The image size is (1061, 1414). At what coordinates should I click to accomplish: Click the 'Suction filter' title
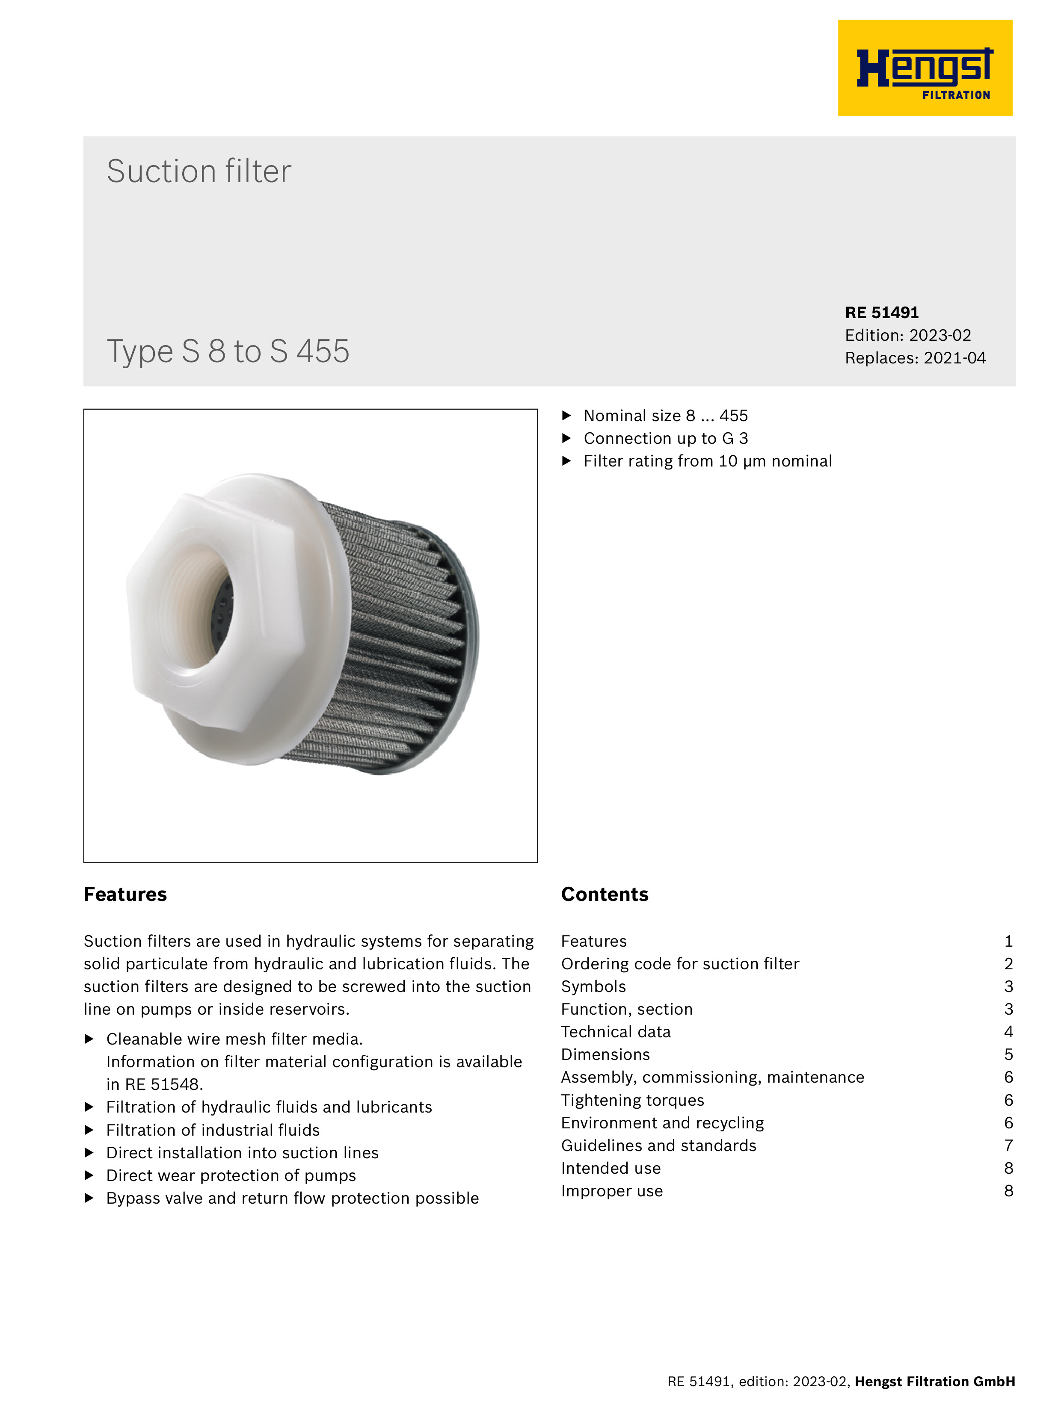pos(199,171)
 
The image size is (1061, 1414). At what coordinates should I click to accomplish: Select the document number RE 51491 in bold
pos(881,313)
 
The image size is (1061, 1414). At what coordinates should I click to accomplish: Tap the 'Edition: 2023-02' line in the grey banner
pos(907,336)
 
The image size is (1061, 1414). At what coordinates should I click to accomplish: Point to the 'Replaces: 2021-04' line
pos(915,358)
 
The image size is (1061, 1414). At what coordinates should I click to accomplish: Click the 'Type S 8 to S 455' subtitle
pos(228,351)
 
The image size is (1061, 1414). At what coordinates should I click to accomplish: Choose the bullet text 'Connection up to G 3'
pos(665,439)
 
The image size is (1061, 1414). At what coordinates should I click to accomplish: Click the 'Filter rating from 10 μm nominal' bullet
pos(707,461)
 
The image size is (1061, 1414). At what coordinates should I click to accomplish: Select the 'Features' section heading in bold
pos(125,894)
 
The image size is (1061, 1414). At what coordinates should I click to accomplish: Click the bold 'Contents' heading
pos(605,894)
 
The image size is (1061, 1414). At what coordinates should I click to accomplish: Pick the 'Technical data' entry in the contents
pos(615,1032)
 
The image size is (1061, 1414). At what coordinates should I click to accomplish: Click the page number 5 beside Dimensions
pos(1008,1055)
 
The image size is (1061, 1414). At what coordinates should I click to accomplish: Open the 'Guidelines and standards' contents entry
pos(658,1145)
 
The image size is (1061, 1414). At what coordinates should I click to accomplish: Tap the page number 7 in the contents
pos(1008,1145)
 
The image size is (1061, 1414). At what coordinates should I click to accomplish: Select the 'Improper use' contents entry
pos(611,1191)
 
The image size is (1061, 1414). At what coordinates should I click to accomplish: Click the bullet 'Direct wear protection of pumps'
pos(231,1175)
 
